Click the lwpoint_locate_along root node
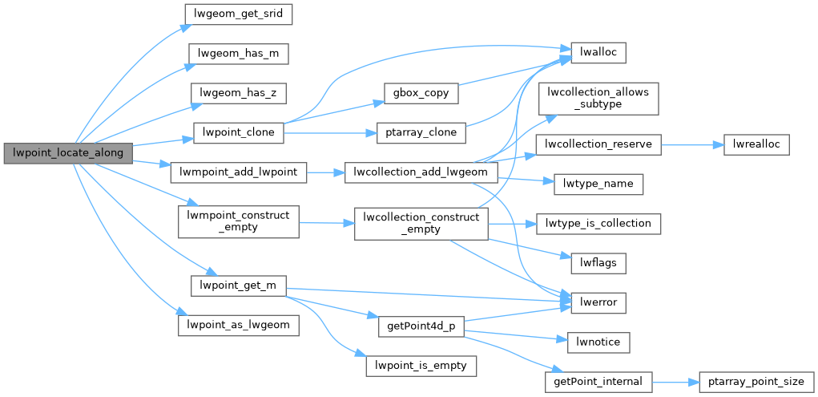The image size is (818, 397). click(68, 152)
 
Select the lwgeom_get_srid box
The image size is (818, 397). click(239, 14)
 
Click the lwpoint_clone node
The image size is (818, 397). click(239, 132)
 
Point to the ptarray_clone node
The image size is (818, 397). click(421, 132)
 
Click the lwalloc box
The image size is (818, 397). click(598, 53)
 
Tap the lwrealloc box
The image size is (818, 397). click(756, 144)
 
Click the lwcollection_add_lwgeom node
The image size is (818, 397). click(421, 172)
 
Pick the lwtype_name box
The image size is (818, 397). click(598, 184)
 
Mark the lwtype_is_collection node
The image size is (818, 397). click(598, 224)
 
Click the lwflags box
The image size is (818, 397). click(598, 263)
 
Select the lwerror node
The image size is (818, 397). click(598, 303)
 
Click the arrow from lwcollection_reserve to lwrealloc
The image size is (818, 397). click(692, 144)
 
